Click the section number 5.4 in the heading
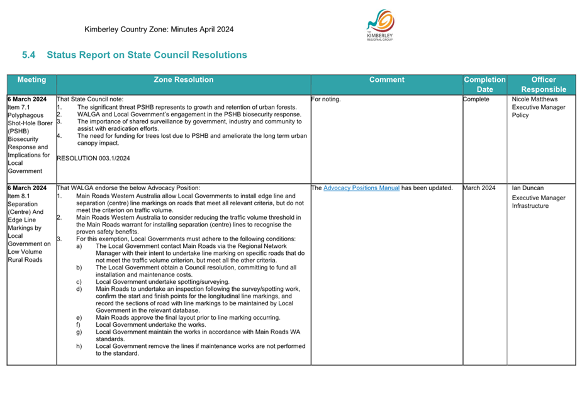(x=28, y=55)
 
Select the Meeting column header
(x=31, y=80)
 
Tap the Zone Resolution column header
(x=183, y=80)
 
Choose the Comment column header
(x=386, y=80)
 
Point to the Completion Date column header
(x=484, y=84)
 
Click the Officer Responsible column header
(x=543, y=84)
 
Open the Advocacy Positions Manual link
(x=361, y=188)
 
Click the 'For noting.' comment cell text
(x=327, y=99)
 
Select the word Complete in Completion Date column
(x=476, y=99)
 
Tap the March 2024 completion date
(x=479, y=188)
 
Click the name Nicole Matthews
(x=535, y=99)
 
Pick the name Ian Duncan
(x=529, y=188)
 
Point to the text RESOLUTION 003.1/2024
(x=93, y=158)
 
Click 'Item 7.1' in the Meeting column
(x=19, y=108)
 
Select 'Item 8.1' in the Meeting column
(x=19, y=196)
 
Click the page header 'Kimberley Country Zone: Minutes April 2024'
(x=159, y=30)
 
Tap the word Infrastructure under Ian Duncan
(x=530, y=206)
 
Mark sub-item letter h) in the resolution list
(x=79, y=346)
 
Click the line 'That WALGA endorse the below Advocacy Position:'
(x=128, y=188)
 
